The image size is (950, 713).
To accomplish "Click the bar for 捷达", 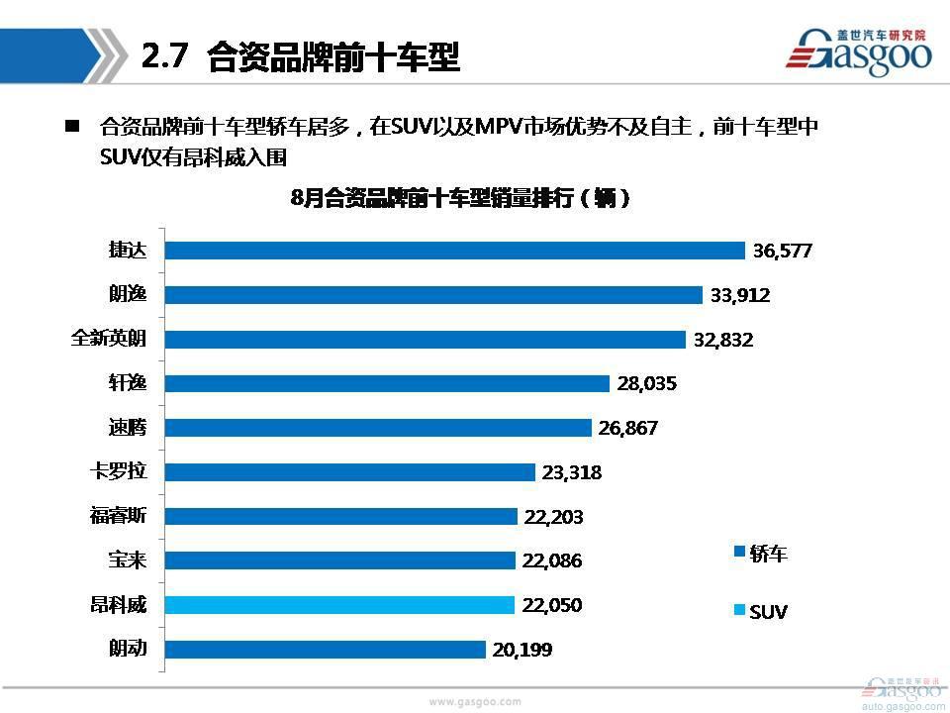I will coord(454,251).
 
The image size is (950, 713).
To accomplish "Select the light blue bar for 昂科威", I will coord(339,605).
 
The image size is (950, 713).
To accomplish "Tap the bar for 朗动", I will coord(325,650).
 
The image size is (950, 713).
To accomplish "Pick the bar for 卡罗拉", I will coord(349,472).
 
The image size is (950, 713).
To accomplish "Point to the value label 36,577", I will coord(782,252).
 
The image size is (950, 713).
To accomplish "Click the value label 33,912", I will coord(740,295).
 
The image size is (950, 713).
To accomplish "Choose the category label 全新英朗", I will coord(109,339).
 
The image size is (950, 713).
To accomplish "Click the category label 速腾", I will coord(128,428).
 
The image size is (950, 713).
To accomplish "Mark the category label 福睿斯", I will coord(118,516).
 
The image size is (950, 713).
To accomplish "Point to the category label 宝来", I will coord(128,560).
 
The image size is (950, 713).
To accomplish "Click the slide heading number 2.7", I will coord(164,57).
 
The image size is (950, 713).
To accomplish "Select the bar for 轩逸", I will coord(386,383).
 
